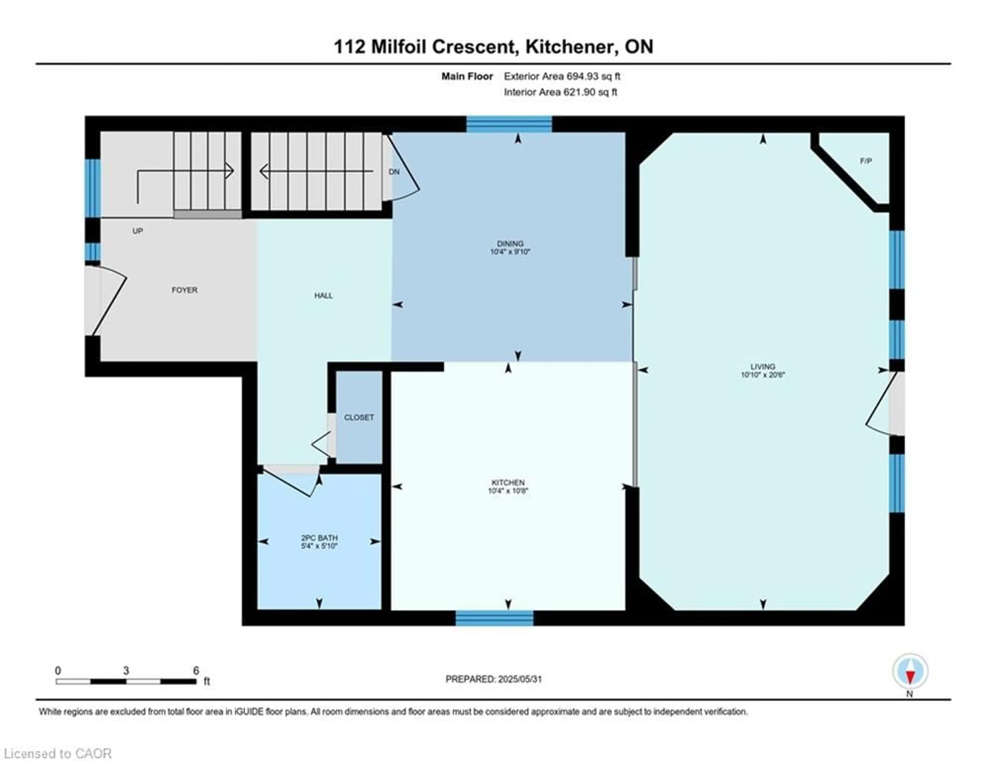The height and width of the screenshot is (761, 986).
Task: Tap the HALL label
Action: pyautogui.click(x=323, y=296)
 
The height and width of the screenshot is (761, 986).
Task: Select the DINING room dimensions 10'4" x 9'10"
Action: pyautogui.click(x=510, y=252)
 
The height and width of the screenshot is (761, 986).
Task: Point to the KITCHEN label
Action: pyautogui.click(x=508, y=482)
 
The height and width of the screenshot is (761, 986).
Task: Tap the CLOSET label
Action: pyautogui.click(x=359, y=417)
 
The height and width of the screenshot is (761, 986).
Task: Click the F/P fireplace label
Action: pyautogui.click(x=866, y=161)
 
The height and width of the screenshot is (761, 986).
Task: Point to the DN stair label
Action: pyautogui.click(x=394, y=172)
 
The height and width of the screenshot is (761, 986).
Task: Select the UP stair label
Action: pyautogui.click(x=138, y=231)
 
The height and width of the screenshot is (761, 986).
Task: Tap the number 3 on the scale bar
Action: pyautogui.click(x=126, y=671)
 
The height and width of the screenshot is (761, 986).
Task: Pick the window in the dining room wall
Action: pyautogui.click(x=509, y=124)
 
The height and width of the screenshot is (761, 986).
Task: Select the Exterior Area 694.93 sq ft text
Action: pyautogui.click(x=562, y=76)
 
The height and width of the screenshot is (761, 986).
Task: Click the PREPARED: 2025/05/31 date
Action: pyautogui.click(x=494, y=679)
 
